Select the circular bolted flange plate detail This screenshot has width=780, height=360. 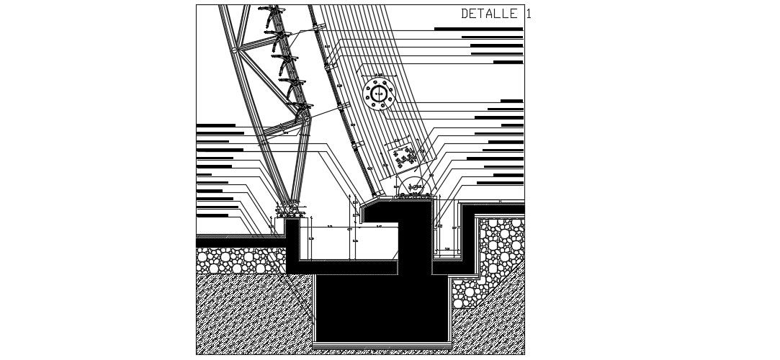pos(380,93)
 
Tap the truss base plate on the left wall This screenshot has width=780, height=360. pos(291,213)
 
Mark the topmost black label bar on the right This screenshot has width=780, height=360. pos(478,29)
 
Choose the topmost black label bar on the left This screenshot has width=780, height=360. pos(215,125)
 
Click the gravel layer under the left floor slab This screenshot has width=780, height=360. pos(241,261)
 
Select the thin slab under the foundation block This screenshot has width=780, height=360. pos(382,346)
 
